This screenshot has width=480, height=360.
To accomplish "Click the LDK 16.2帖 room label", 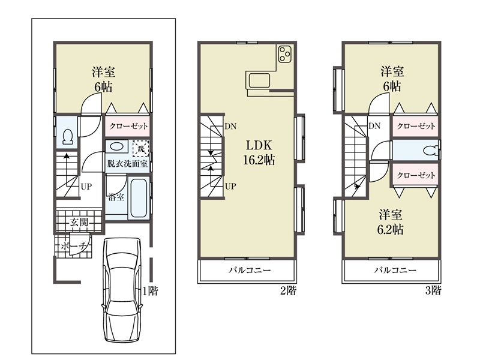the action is click(259, 152).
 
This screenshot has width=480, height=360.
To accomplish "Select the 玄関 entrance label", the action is click(79, 222).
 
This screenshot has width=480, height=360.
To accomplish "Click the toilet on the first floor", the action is click(67, 137).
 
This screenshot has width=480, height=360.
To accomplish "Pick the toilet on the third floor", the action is click(431, 151).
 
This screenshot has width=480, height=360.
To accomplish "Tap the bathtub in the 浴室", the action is click(139, 198).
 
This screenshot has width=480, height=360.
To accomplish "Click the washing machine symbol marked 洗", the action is click(140, 149).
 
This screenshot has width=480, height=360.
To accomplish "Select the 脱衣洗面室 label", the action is click(127, 163).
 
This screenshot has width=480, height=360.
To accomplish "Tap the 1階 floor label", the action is click(150, 290).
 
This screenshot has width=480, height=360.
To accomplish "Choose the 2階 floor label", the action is click(289, 290).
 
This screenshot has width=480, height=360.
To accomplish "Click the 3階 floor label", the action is click(433, 290).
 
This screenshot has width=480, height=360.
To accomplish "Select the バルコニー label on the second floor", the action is click(250, 270).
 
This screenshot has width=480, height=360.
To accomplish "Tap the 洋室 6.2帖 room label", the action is click(391, 221).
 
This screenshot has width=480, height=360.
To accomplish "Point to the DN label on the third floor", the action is click(374, 126).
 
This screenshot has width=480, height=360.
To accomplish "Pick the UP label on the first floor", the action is click(86, 187).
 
